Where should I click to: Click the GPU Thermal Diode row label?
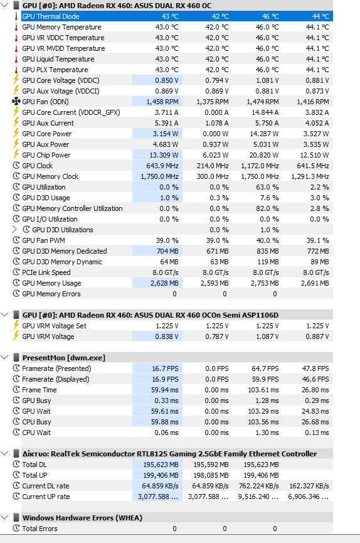click(51, 16)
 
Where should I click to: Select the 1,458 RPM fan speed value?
click(162, 102)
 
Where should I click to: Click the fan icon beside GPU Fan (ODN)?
click(16, 102)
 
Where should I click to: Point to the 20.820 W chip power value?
click(264, 155)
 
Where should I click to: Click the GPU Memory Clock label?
click(50, 176)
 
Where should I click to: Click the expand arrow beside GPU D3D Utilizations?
click(14, 230)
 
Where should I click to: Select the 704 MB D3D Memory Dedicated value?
click(167, 251)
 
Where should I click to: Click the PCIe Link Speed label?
click(46, 272)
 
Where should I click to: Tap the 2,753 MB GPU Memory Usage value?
click(265, 283)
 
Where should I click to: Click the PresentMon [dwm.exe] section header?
click(64, 358)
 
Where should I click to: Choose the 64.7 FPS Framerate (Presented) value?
click(265, 368)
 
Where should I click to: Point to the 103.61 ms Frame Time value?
click(263, 390)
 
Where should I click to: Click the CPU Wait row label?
click(36, 433)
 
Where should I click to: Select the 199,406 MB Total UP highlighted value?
click(161, 475)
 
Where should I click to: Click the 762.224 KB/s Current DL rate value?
click(258, 486)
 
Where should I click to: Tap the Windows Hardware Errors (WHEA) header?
click(82, 518)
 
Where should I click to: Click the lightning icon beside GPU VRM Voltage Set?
click(16, 326)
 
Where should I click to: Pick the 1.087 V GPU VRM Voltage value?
click(267, 336)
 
